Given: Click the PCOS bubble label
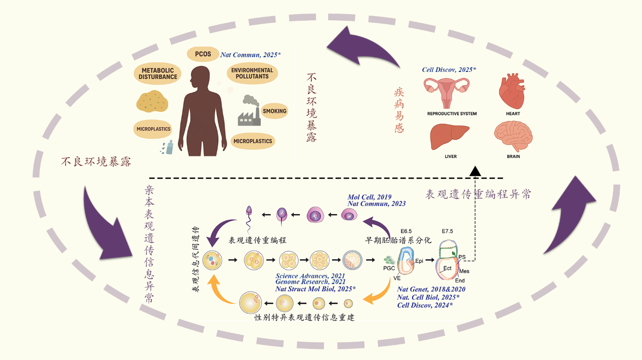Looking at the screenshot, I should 203,54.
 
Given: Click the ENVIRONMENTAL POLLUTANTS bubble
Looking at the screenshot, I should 252,73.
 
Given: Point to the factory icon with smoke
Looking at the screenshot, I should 250,111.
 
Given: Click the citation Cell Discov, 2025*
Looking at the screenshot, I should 449,69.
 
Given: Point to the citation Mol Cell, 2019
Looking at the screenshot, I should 370,197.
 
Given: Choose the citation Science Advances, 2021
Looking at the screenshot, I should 310,275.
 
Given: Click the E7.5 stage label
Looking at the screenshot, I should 447,231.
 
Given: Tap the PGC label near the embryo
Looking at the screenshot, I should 389,268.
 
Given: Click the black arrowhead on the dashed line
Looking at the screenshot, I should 475,171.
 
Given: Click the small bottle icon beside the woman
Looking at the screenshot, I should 170,146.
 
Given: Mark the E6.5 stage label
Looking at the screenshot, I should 406,231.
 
